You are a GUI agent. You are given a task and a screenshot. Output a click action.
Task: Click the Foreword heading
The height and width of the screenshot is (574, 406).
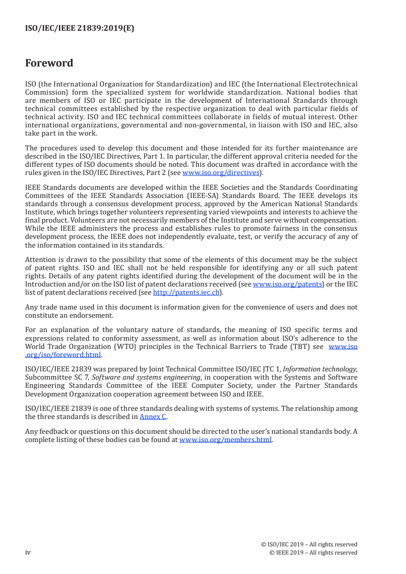pos(49,63)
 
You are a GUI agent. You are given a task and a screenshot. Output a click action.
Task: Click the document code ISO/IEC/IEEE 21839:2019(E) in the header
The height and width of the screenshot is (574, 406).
pos(79,29)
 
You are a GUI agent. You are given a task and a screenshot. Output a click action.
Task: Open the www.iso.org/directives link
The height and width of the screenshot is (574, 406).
pos(217,172)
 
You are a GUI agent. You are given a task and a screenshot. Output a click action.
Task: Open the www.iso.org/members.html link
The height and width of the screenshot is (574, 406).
pos(225,439)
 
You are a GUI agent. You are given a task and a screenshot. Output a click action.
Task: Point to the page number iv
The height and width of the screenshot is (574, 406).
pos(28,553)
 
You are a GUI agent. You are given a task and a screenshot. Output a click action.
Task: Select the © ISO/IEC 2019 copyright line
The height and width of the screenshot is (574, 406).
pos(309,544)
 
